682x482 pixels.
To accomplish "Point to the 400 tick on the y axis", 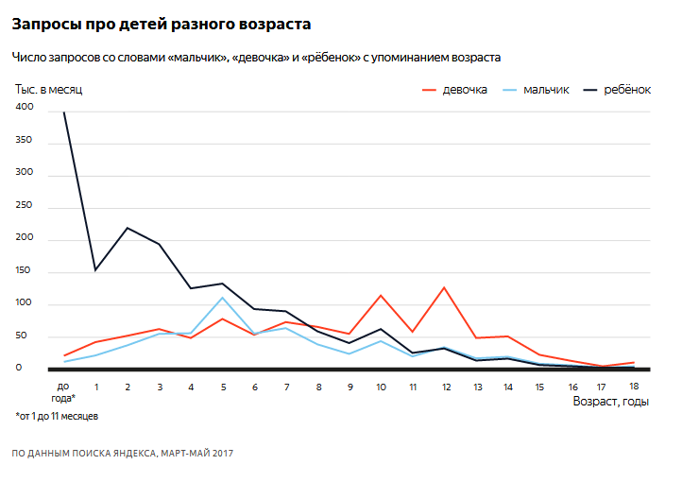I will pos(24,108).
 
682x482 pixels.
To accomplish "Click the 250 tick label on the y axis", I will pos(24,206).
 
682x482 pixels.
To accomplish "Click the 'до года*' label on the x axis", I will pos(64,391).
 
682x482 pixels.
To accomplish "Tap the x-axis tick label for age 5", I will pos(222,387).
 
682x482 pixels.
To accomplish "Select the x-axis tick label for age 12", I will pos(444,387).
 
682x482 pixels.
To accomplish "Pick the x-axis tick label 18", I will pos(634,387).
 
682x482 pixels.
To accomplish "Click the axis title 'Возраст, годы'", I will pos(610,402).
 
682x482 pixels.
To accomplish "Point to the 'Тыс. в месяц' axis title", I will pos(49,90).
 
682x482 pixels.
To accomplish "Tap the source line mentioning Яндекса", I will pos(122,454).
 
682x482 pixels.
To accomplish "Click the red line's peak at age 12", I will pos(444,287).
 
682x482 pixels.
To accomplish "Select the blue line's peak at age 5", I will pos(222,298).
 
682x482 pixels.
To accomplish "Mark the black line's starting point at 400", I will pos(64,112).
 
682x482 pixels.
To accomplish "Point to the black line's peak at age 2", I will pos(128,228).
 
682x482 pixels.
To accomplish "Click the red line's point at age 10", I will pos(381,296).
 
